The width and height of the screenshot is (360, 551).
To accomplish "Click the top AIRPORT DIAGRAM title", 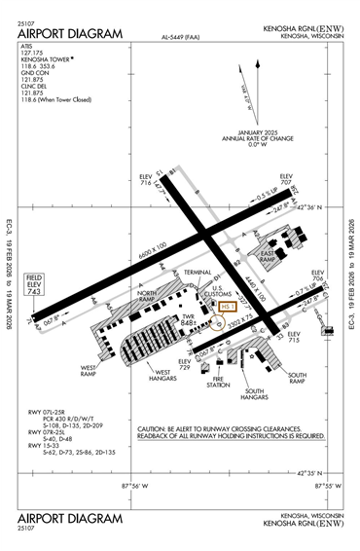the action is [x=71, y=34].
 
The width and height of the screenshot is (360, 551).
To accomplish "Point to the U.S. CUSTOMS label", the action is [x=223, y=288].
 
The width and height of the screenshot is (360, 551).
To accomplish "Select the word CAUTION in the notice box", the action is [x=155, y=429].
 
